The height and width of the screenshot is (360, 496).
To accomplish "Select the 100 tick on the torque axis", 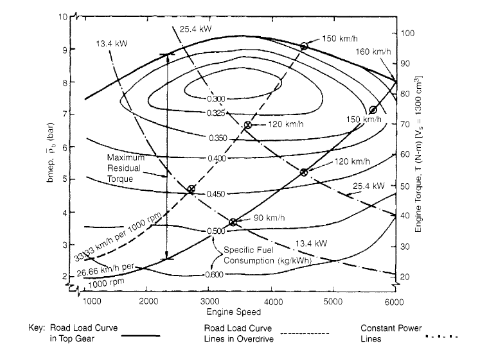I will (408, 33).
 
